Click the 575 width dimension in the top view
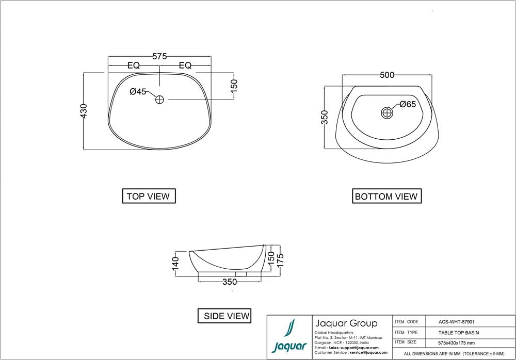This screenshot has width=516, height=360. point(159,57)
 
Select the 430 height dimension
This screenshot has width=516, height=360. point(84,111)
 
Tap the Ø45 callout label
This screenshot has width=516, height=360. point(138,91)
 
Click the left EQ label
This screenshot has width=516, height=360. point(134,66)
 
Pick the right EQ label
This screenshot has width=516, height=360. point(185,66)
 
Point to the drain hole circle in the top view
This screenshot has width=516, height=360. point(159,99)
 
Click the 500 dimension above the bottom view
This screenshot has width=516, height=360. point(387,75)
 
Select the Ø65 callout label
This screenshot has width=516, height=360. point(408,105)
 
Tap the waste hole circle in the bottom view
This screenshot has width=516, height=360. point(387,112)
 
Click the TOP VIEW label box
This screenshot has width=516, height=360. point(148,196)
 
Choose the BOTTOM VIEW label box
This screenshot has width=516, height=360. point(386,197)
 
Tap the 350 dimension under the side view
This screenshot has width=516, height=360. point(230,282)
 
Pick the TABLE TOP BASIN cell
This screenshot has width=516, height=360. point(459,333)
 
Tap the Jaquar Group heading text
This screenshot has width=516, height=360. point(346,323)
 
